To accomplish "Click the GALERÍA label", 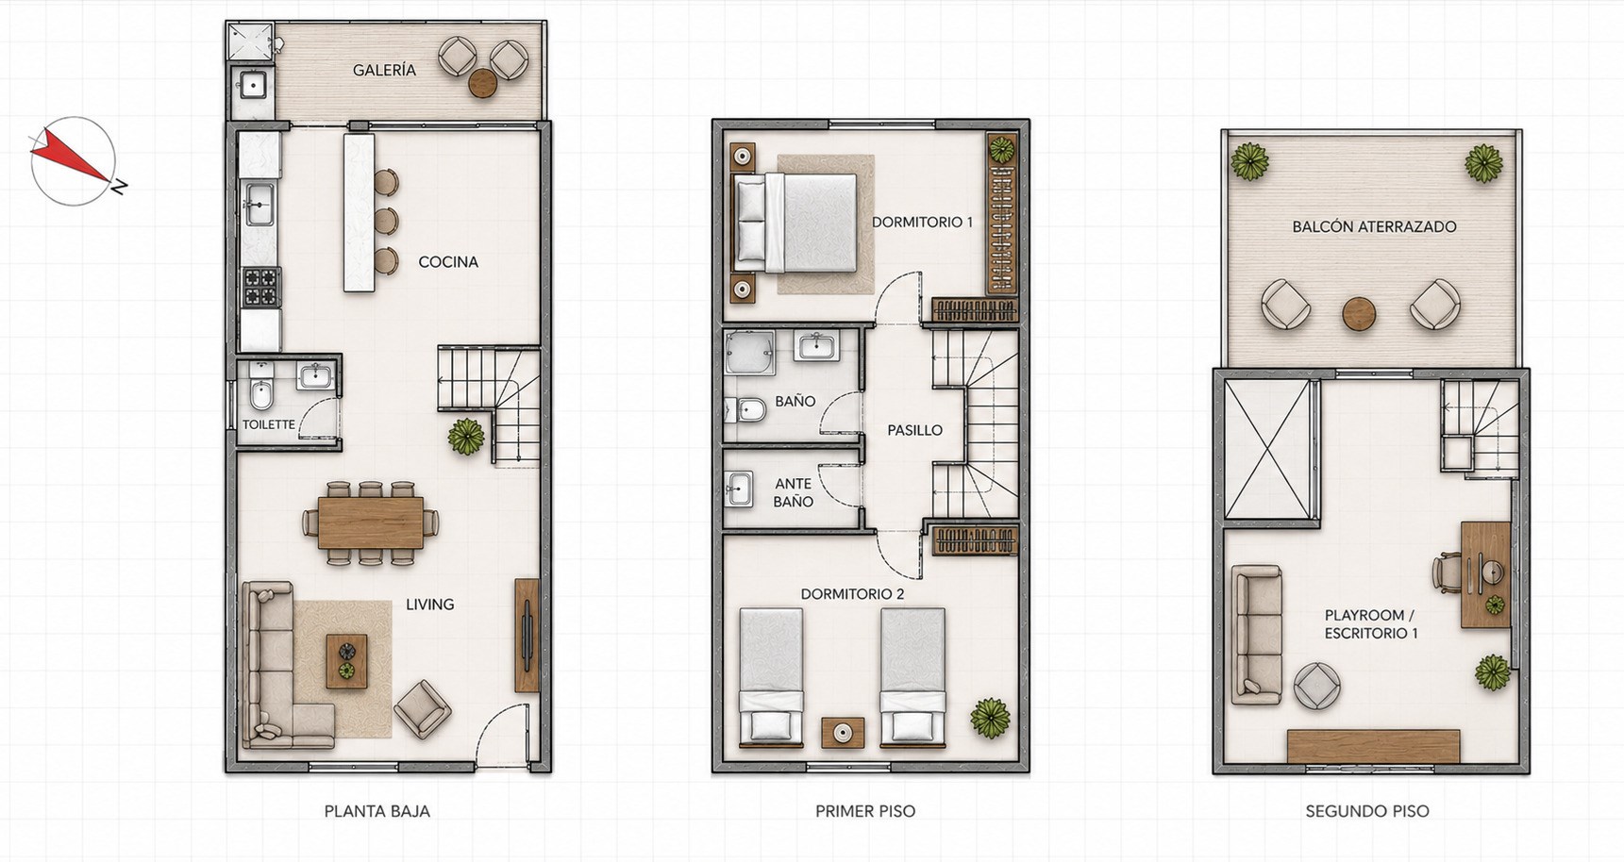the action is pyautogui.click(x=384, y=70).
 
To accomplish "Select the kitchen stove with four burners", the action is pyautogui.click(x=261, y=288).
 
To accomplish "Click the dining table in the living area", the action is pyautogui.click(x=371, y=522).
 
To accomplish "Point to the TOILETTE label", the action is pyautogui.click(x=269, y=424).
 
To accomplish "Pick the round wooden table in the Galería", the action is pyautogui.click(x=483, y=83).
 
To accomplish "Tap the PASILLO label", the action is pyautogui.click(x=914, y=430).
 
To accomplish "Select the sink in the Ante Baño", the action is pyautogui.click(x=739, y=489).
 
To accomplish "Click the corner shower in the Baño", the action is pyautogui.click(x=750, y=353).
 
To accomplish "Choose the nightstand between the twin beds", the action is pyautogui.click(x=842, y=733).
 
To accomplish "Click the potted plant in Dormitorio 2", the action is pyautogui.click(x=989, y=718).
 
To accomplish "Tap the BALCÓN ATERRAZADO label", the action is pyautogui.click(x=1374, y=226).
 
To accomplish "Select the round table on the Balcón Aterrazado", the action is pyautogui.click(x=1360, y=313).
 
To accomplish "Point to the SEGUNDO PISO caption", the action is pyautogui.click(x=1367, y=811).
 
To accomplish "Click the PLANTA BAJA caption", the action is pyautogui.click(x=377, y=811).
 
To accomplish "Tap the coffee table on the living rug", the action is pyautogui.click(x=346, y=661).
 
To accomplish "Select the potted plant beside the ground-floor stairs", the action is pyautogui.click(x=466, y=437).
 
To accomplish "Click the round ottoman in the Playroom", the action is pyautogui.click(x=1317, y=686).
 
